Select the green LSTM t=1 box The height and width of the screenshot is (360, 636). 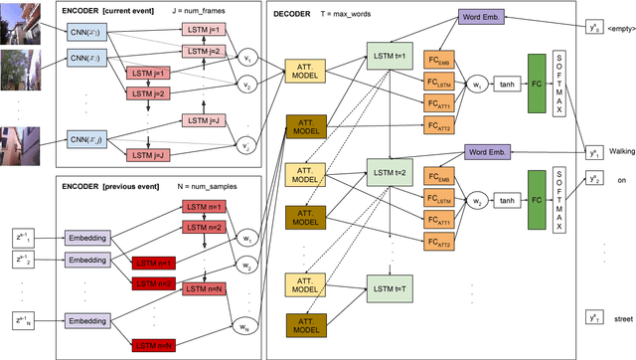coord(389,56)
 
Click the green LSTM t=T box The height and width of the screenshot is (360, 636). coord(389,289)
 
